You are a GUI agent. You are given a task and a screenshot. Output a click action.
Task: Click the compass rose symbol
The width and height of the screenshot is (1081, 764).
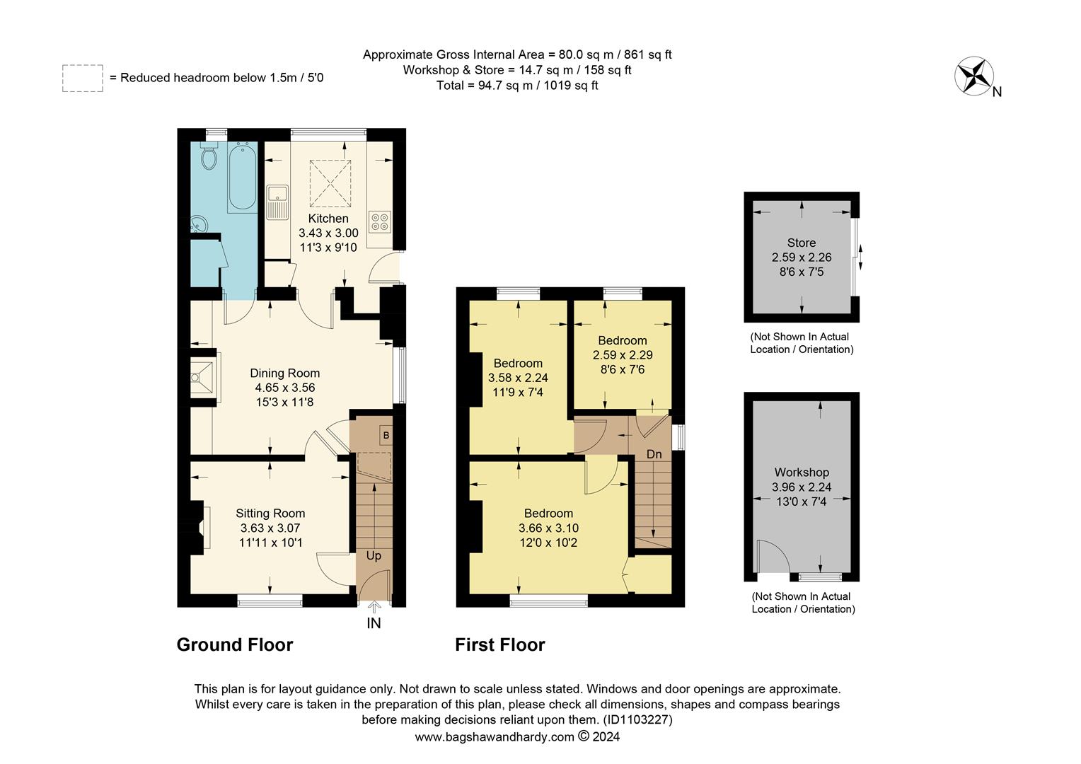pos(974,76)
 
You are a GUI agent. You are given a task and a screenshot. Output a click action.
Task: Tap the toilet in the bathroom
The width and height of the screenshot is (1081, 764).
pos(209,156)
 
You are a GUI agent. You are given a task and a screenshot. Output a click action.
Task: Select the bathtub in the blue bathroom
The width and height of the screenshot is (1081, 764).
pos(242,177)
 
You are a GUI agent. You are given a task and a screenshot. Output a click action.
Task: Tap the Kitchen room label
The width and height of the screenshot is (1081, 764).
pos(328,219)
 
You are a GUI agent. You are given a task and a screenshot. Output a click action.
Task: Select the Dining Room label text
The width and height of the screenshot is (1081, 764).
pos(285,373)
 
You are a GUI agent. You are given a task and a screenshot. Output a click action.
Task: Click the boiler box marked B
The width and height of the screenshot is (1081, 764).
pos(386,435)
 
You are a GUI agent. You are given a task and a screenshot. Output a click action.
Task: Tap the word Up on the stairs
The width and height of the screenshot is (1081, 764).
pos(374,555)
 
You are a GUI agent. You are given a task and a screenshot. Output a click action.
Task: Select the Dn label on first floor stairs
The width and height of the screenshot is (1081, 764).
pos(654,454)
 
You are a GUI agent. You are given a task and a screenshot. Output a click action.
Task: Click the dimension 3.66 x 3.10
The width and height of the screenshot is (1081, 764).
pos(548,528)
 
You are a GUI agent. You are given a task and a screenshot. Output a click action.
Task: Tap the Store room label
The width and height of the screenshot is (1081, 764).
pos(801,243)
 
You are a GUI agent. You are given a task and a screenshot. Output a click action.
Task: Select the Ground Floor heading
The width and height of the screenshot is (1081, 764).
pos(234,644)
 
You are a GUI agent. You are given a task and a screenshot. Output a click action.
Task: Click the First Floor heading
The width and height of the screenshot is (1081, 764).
pos(499,644)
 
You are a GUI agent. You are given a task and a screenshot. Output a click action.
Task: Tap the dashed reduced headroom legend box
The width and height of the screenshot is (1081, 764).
pos(83,78)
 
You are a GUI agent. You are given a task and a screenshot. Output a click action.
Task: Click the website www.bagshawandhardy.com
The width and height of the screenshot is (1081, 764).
pos(494,736)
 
